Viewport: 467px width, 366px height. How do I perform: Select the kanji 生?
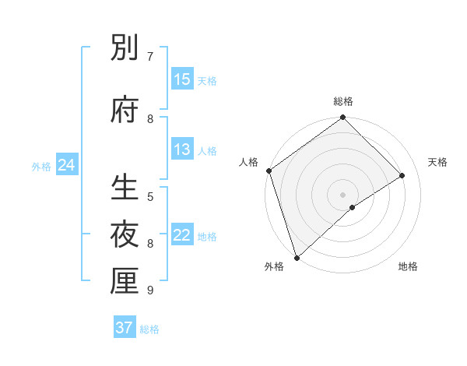point(125,188)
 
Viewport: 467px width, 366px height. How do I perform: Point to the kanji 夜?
point(125,234)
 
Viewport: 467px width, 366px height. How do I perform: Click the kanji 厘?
point(125,281)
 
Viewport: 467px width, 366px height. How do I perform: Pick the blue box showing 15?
point(182,79)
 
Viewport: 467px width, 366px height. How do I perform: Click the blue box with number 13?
point(182,150)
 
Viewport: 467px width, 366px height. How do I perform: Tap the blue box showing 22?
point(182,235)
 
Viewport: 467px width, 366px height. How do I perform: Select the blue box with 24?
point(66,165)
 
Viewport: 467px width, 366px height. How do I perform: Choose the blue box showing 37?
point(125,328)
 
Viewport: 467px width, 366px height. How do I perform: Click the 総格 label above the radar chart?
point(343,101)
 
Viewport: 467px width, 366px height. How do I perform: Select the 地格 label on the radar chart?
point(408,267)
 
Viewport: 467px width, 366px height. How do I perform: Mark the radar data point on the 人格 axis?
point(269,171)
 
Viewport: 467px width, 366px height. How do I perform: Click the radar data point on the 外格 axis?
point(297,257)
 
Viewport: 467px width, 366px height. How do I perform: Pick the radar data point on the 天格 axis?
point(402,175)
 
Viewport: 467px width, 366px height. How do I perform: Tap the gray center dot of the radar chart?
point(342,194)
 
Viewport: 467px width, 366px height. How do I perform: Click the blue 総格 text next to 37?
point(149,329)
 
